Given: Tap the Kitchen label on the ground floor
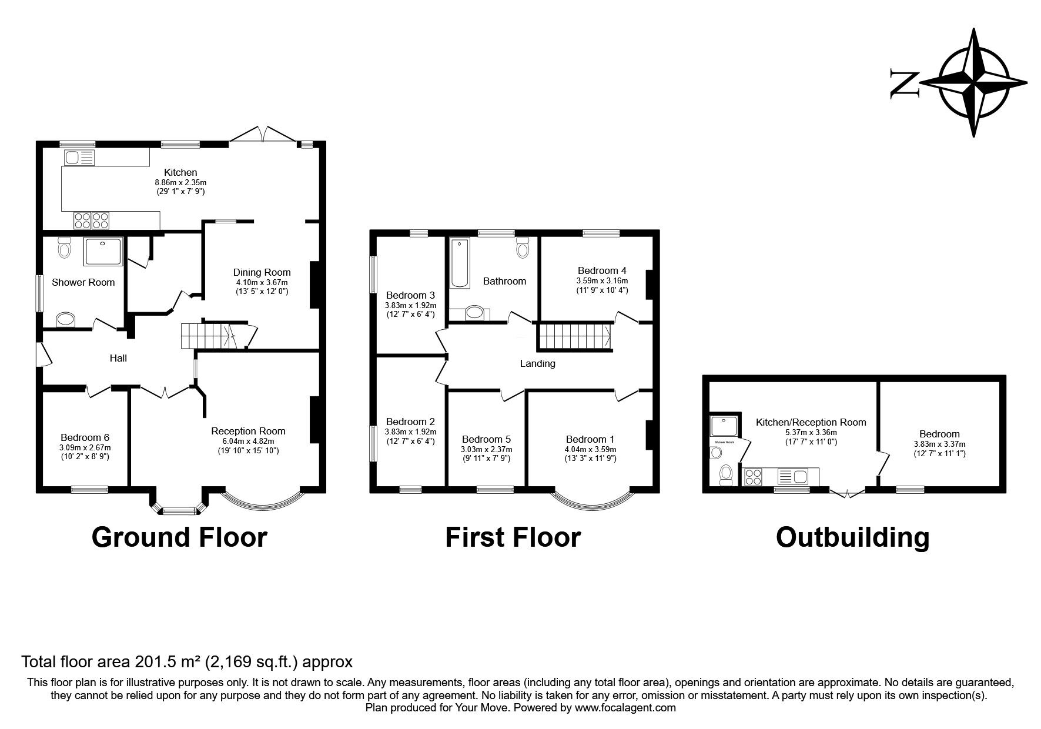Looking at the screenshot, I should click(x=180, y=172).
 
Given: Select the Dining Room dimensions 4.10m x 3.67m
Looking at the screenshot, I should click(x=262, y=282).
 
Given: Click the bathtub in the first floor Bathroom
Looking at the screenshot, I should click(x=460, y=263).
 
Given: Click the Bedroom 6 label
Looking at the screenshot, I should click(x=85, y=437).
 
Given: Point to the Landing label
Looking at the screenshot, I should click(x=537, y=363).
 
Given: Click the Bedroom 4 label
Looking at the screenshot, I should click(x=602, y=270).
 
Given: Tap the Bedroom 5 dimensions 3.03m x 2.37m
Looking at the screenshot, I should click(x=486, y=449).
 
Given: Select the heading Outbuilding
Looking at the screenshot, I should click(x=852, y=537).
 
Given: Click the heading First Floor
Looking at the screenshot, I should click(x=513, y=537).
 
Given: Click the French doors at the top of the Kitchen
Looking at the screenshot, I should click(x=263, y=134).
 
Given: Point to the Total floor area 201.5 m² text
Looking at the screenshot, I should click(x=186, y=662).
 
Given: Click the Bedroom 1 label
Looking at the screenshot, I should click(x=590, y=439).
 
